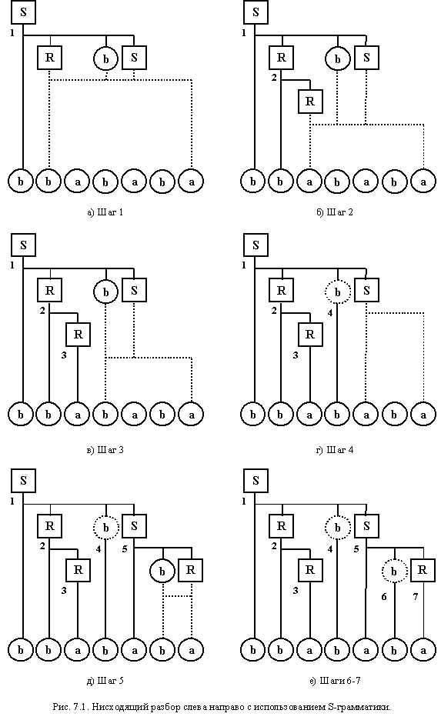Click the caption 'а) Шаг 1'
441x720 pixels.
click(105, 212)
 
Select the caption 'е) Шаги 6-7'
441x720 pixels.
click(335, 681)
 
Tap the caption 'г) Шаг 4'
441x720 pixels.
click(335, 449)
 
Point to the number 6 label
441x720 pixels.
click(384, 596)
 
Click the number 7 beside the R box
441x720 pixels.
click(416, 596)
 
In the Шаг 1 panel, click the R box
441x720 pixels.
click(49, 58)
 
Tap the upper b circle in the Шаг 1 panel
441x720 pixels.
click(106, 58)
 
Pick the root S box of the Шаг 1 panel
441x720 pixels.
click(23, 12)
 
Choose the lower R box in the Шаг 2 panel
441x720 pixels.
click(310, 101)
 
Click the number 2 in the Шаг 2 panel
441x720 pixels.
click(274, 78)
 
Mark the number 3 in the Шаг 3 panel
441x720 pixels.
click(64, 355)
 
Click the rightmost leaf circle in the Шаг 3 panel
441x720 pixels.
click(192, 415)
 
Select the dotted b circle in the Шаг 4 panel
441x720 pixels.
click(338, 292)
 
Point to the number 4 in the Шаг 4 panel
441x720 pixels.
click(330, 313)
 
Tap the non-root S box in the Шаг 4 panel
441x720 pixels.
click(366, 290)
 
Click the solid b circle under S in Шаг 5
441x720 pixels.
click(162, 572)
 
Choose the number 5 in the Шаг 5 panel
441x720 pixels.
click(125, 548)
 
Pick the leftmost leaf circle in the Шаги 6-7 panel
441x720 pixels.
click(253, 650)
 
